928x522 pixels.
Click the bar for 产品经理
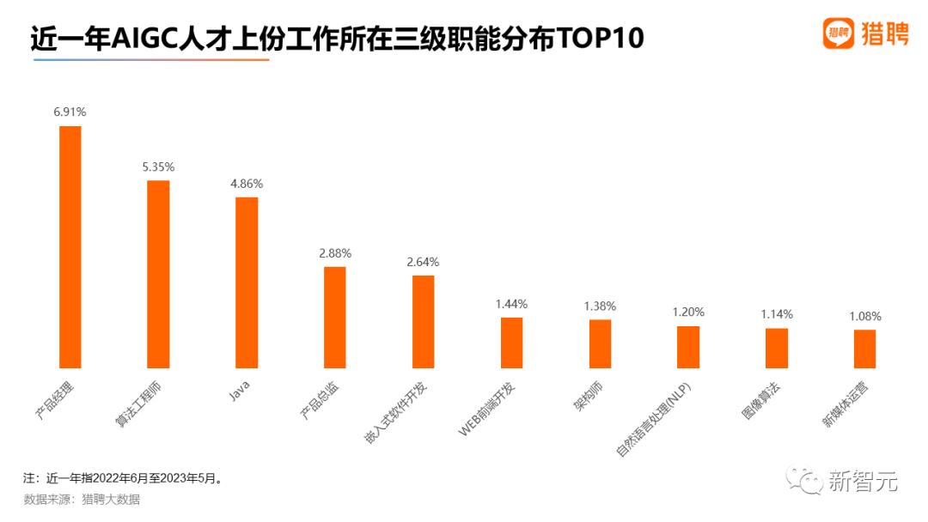70,246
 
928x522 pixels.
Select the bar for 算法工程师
158,274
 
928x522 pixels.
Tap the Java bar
247,282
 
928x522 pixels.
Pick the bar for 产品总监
335,317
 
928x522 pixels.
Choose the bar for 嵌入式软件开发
424,321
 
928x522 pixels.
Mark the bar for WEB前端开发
512,343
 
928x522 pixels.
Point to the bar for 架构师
600,343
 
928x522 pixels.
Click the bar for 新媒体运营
864,349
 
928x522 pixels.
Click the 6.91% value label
70,112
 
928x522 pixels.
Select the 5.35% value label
158,167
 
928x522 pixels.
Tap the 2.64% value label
424,262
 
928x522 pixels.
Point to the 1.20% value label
688,312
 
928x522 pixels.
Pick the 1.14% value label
777,314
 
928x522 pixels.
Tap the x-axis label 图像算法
761,400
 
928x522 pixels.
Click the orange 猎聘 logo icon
838,33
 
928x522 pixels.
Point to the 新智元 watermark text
863,482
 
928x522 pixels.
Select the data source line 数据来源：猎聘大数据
82,500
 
